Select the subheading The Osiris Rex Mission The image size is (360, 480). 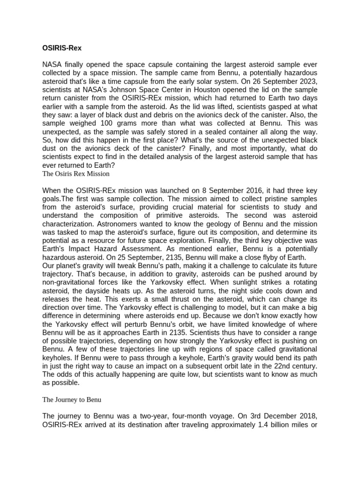(x=76, y=173)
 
